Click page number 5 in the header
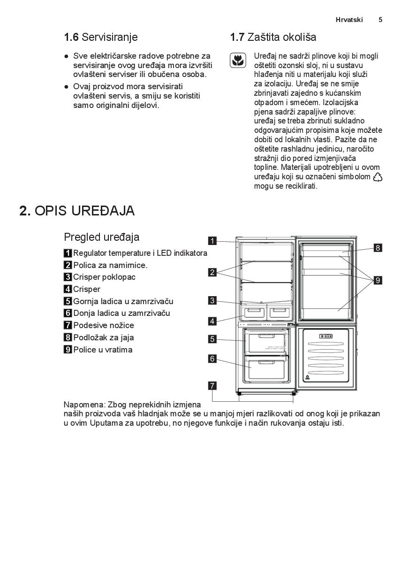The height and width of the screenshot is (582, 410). tap(380, 20)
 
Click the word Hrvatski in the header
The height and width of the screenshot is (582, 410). tap(349, 20)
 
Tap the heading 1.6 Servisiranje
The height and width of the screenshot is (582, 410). tap(101, 37)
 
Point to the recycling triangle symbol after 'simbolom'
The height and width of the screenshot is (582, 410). tap(378, 177)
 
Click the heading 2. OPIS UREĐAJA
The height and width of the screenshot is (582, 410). tap(77, 211)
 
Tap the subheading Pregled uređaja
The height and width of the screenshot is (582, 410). tap(101, 237)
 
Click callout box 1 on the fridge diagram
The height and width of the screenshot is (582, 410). tap(213, 241)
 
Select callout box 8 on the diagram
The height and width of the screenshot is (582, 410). tap(378, 248)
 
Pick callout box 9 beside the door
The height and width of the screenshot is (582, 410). tap(378, 281)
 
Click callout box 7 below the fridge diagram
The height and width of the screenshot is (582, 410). tap(213, 386)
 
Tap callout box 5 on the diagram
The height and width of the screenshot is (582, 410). tap(213, 338)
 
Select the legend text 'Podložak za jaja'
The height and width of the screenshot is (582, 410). tap(103, 337)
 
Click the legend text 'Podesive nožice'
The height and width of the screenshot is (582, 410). tap(103, 325)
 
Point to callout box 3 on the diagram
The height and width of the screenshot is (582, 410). tap(213, 301)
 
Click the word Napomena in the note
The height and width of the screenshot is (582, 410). tap(84, 405)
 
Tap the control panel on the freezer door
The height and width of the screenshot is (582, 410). tap(326, 336)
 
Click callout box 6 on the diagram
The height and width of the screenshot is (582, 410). tap(213, 359)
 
